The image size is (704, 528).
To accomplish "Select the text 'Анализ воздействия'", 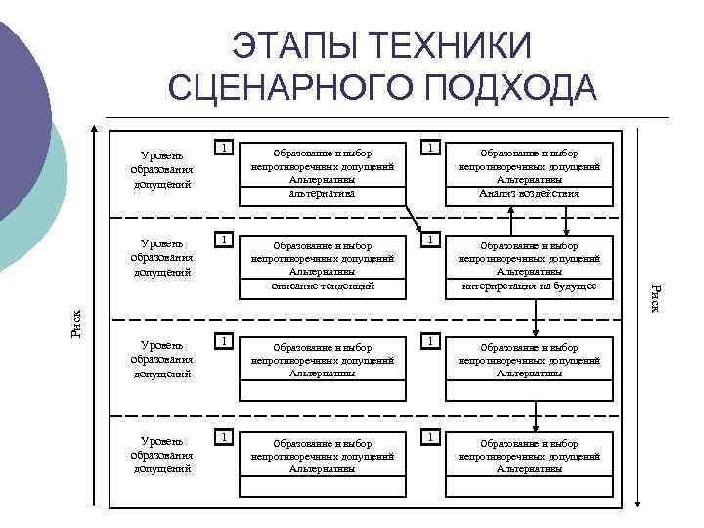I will [x=529, y=194].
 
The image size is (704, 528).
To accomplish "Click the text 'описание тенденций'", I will [x=322, y=286].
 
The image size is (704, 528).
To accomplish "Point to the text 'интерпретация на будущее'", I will [x=529, y=286].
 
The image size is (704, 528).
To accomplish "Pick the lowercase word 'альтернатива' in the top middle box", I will [x=322, y=194].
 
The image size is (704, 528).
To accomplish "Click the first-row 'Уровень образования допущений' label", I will [x=161, y=168].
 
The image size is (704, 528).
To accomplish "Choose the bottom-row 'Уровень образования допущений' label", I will [x=161, y=456].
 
